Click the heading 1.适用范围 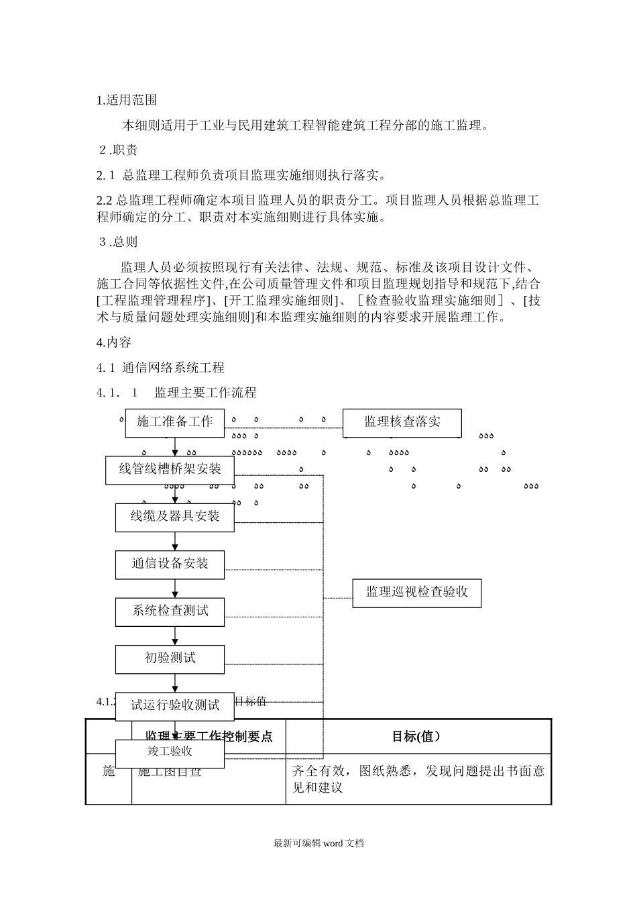[x=127, y=101]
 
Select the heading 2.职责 [x=119, y=150]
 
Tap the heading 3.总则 [x=119, y=242]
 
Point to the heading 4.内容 [x=114, y=342]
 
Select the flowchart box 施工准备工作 [x=175, y=422]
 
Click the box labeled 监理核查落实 [x=402, y=422]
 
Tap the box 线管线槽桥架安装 [x=170, y=469]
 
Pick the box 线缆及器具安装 [x=175, y=517]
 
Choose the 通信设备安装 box [x=170, y=564]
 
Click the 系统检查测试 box [x=170, y=611]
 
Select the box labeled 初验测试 [x=170, y=658]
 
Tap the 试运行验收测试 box [x=175, y=705]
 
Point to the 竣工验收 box [x=170, y=752]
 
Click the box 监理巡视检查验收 [x=417, y=593]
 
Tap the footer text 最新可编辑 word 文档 [x=318, y=844]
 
